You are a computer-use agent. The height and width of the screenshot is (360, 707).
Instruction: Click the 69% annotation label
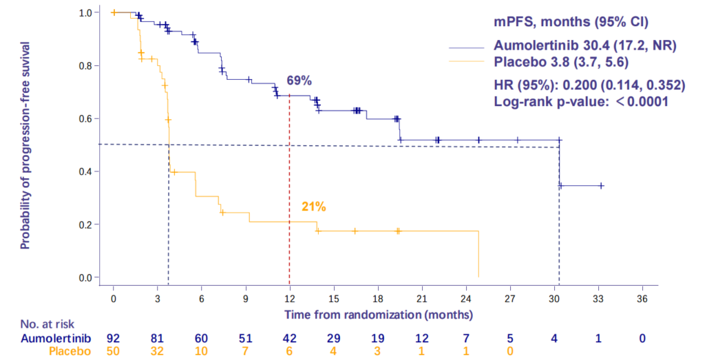tap(300, 81)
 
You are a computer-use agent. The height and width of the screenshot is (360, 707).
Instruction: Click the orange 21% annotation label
tap(313, 206)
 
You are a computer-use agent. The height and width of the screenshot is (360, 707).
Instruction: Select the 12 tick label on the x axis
tap(289, 300)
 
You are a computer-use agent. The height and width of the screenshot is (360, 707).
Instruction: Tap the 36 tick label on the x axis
tap(642, 300)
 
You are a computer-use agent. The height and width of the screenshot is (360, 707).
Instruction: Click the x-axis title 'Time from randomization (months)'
tap(379, 315)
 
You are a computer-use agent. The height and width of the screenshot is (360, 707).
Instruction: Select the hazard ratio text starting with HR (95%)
tap(589, 86)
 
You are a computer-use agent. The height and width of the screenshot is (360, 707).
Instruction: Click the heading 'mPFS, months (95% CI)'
tap(578, 20)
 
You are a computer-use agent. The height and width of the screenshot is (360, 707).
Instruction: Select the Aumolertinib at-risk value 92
tap(113, 338)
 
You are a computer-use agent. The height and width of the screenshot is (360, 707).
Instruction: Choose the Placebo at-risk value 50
tap(113, 352)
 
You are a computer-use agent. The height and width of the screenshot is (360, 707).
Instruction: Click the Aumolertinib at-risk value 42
tap(289, 338)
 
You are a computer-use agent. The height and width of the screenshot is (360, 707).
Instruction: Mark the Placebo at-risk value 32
tap(157, 352)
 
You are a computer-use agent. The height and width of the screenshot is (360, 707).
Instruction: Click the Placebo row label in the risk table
tap(71, 352)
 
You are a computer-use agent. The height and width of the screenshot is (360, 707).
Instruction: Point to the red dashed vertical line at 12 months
tap(289, 186)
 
